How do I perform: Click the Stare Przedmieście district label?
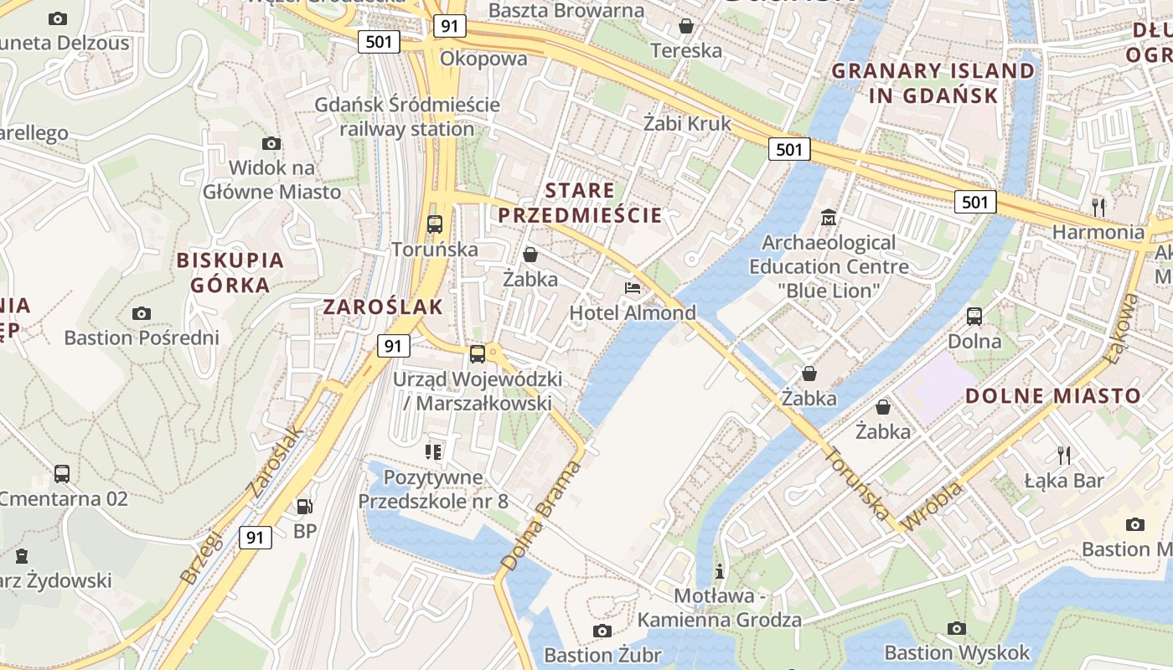point(580,203)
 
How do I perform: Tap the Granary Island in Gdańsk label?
point(933,83)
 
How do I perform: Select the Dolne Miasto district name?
point(1053,396)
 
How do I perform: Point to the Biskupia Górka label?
point(230,272)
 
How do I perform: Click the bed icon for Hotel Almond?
point(633,288)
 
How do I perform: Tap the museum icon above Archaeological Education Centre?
point(829,217)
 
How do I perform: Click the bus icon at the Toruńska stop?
point(434,224)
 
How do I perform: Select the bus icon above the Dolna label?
point(974,317)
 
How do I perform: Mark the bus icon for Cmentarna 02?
point(62,473)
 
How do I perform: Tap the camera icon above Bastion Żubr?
point(602,631)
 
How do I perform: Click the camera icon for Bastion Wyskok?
point(956,628)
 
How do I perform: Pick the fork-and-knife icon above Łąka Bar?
point(1064,455)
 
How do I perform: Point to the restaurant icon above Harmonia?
point(1098,206)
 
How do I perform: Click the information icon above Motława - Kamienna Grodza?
point(719,571)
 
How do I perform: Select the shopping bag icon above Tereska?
point(685,26)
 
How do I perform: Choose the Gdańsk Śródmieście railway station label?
point(407,117)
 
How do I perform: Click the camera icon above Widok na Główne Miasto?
point(271,143)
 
